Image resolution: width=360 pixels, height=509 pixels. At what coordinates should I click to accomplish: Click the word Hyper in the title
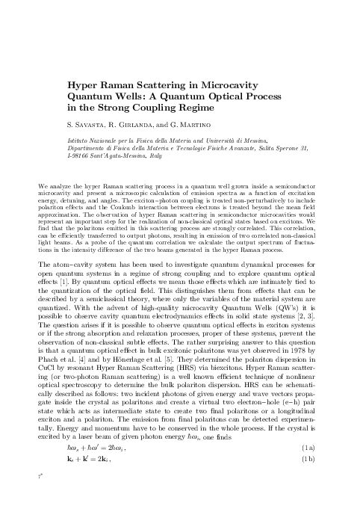click(x=83, y=85)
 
